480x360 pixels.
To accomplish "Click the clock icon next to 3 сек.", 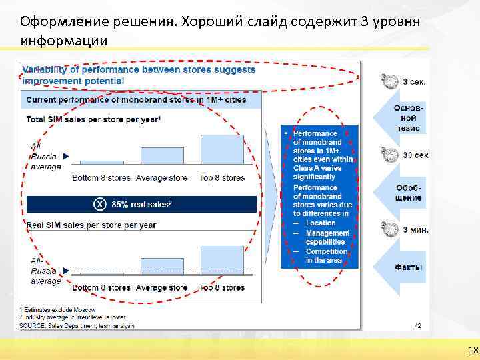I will point(391,81).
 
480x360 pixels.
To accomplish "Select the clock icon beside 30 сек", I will point(391,154).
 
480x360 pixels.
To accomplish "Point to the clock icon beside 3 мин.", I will point(391,229).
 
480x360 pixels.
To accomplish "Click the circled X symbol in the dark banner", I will point(99,204).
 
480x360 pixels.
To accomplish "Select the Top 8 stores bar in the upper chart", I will point(222,149).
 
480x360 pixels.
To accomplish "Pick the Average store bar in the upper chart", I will point(162,156).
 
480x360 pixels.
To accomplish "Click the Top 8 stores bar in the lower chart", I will point(222,260).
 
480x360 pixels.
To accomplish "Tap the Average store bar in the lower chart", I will point(162,266).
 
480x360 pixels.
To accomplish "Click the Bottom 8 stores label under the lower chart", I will point(101,288).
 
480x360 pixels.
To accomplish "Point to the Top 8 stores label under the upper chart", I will point(222,178).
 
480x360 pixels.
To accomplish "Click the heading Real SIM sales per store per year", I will point(91,225).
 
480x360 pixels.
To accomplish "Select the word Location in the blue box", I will point(321,223).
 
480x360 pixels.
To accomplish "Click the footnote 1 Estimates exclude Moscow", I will point(57,310).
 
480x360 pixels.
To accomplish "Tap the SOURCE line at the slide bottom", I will point(77,325).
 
